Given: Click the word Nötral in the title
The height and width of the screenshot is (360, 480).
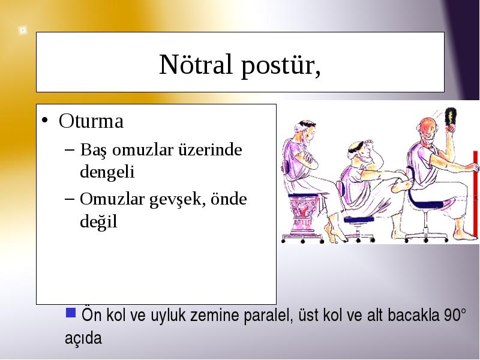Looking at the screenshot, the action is click(x=196, y=64).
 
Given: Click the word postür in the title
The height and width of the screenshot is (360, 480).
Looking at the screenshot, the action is click(x=278, y=66).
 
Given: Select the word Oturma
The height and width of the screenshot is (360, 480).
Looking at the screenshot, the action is click(x=91, y=121).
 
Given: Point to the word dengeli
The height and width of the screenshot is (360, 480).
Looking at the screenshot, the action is click(x=107, y=171).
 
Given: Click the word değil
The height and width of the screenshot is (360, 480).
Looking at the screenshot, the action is click(x=98, y=221).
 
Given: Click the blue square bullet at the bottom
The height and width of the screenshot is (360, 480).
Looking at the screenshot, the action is click(x=71, y=313).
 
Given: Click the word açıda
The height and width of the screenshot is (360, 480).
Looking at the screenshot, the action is click(x=83, y=338).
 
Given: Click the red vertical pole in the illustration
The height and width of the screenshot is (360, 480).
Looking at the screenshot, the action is click(x=475, y=194).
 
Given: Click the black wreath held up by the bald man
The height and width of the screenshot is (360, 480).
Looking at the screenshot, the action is click(x=451, y=116).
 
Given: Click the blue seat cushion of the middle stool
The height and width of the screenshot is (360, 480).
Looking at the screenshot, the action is click(x=359, y=219).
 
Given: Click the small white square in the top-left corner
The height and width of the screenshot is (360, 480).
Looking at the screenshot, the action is click(x=22, y=31).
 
